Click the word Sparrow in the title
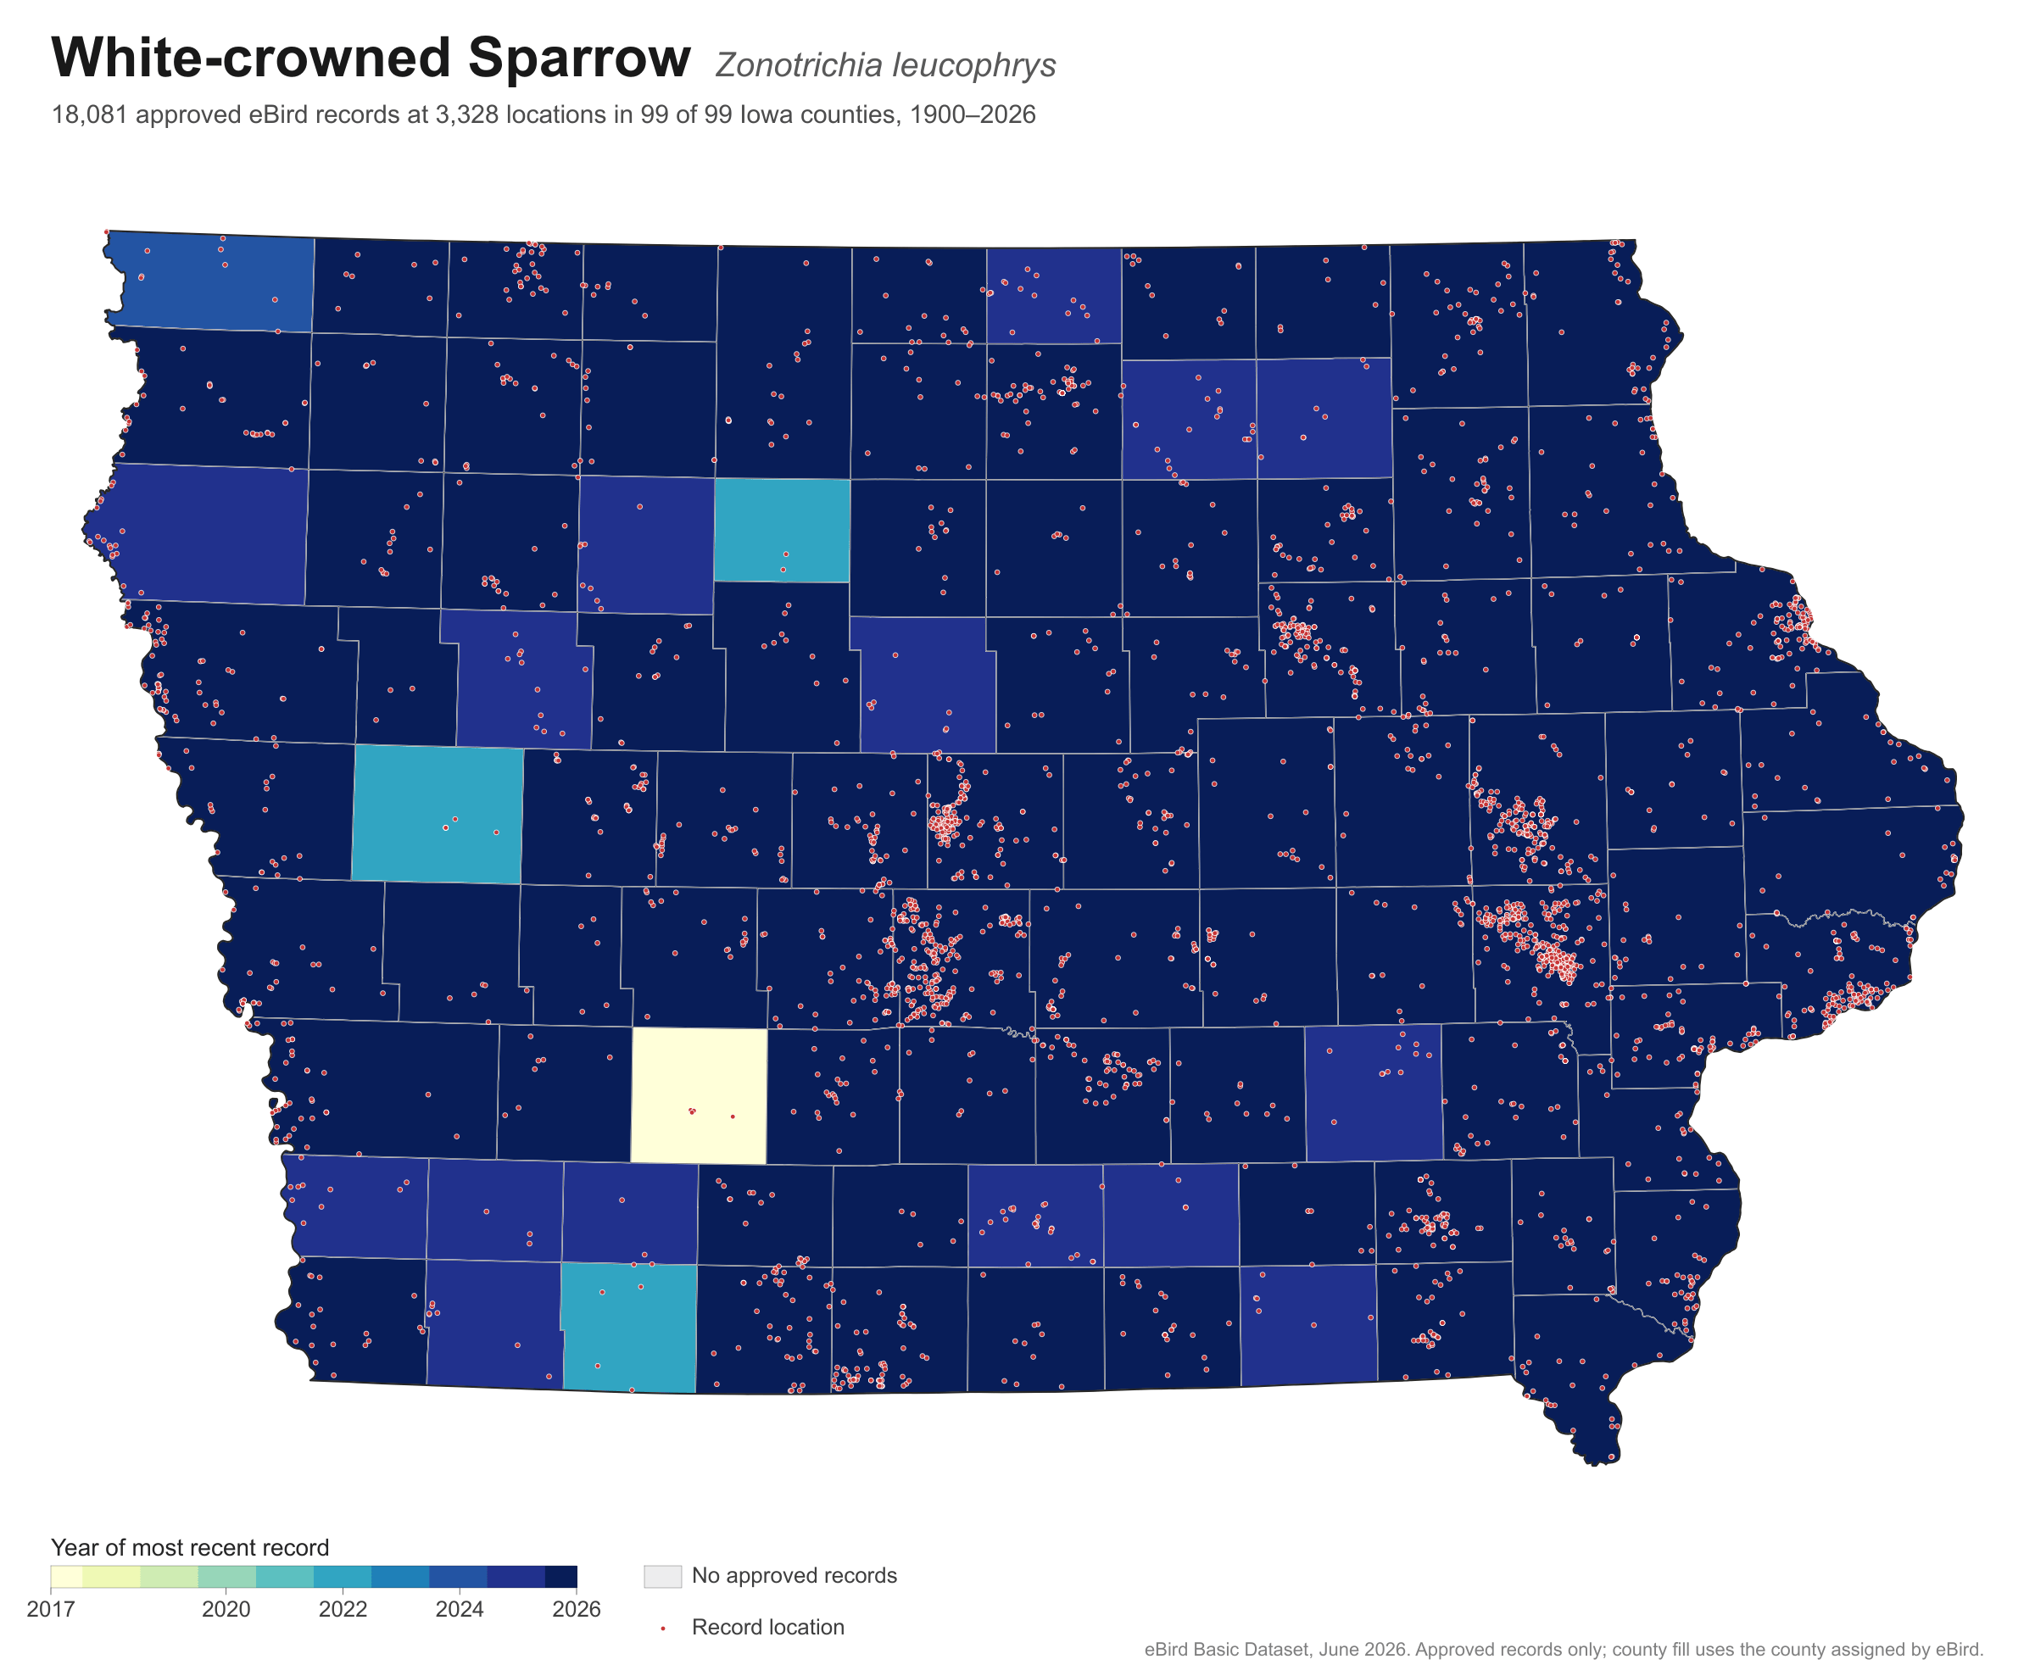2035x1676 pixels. click(579, 58)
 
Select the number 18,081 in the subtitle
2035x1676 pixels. click(90, 116)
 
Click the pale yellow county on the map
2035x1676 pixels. click(699, 1096)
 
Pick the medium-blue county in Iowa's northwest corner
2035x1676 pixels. click(210, 282)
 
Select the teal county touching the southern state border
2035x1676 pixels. click(628, 1328)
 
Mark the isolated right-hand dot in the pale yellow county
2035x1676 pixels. click(733, 1117)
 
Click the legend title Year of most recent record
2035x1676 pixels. click(190, 1548)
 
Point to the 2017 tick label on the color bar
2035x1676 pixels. click(51, 1609)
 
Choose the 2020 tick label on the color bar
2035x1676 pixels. click(226, 1609)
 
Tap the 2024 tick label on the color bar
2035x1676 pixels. click(460, 1609)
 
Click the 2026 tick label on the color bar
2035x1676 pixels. click(577, 1609)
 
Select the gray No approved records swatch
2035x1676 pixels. click(662, 1577)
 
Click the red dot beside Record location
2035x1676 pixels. click(663, 1629)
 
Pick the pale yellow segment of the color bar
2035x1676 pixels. click(67, 1577)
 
